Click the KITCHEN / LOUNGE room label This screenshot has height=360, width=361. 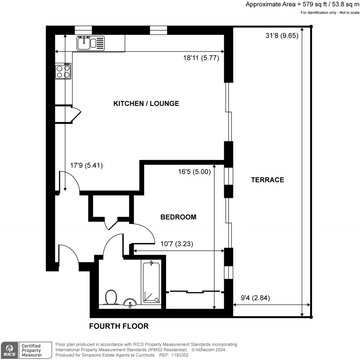pos(146,103)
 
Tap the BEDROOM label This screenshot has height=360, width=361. pos(178,217)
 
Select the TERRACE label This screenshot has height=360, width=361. pos(267,180)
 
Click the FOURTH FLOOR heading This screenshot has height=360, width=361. pos(119,326)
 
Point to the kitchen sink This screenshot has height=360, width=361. pos(90,43)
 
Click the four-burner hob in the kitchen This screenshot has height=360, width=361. pos(63,72)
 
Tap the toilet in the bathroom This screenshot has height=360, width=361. pos(111,297)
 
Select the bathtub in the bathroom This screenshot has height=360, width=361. pos(151,283)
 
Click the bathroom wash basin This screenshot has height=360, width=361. pos(131,302)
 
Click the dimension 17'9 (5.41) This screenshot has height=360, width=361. pos(86,165)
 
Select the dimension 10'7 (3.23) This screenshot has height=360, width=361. pos(177,243)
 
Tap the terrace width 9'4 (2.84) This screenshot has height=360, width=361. pos(255,298)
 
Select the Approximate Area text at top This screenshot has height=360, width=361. pos(302,5)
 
